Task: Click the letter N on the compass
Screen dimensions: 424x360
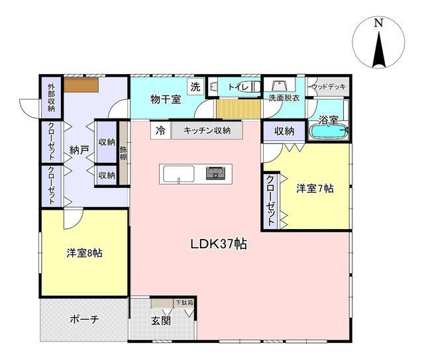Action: (378, 22)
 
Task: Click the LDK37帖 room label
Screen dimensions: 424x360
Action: (219, 244)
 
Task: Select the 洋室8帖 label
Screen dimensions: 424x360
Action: (84, 253)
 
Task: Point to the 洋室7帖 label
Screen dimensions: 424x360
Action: (315, 188)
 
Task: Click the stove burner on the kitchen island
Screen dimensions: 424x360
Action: (215, 173)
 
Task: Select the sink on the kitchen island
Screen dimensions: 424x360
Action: (179, 174)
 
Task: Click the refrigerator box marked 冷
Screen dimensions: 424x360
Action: (160, 131)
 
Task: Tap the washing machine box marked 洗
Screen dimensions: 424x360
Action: (195, 87)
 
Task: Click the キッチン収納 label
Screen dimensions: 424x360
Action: (207, 131)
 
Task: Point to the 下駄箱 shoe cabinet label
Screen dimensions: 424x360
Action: (185, 302)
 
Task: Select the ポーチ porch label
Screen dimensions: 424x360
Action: (84, 320)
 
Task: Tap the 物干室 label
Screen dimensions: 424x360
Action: (166, 99)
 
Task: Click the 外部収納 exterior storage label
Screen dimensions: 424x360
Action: (51, 98)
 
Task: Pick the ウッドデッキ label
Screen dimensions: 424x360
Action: (329, 87)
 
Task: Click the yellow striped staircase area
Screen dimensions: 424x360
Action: (238, 109)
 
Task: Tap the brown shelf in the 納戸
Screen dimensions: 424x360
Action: (81, 85)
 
